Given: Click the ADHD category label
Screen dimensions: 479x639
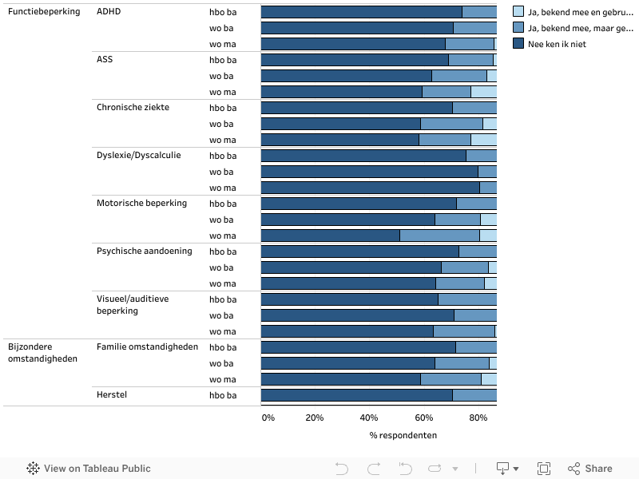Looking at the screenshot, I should [x=109, y=11].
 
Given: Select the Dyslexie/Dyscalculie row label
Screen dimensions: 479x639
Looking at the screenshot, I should [x=139, y=155].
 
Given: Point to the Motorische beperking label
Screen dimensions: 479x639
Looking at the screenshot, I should [x=141, y=203].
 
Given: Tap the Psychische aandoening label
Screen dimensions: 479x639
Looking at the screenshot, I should [x=144, y=251].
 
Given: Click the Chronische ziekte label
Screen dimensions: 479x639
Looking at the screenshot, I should [x=133, y=107].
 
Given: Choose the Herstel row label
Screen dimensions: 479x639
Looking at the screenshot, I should [x=112, y=394].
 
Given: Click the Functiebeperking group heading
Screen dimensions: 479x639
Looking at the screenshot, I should [x=44, y=11].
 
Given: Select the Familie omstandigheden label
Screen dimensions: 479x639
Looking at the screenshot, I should [x=147, y=346].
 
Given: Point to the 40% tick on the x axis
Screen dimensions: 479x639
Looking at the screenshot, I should [x=369, y=418].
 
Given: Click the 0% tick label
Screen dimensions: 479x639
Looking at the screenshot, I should [x=268, y=418].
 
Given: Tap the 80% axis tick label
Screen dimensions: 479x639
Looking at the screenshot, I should [x=478, y=418].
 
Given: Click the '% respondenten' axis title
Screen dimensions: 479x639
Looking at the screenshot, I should [x=403, y=435].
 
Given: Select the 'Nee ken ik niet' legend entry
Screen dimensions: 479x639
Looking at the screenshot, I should [x=557, y=44].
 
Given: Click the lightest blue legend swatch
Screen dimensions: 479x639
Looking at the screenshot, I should [x=518, y=12].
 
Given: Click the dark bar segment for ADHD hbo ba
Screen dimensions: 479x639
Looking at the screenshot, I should [x=361, y=12].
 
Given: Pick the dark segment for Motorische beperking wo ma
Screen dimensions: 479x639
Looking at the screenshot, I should [x=330, y=236].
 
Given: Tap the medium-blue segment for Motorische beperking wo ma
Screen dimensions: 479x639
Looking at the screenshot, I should [x=439, y=236].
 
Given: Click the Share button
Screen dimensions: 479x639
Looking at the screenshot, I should [x=590, y=469].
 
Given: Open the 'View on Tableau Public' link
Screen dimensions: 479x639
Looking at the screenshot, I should [x=89, y=469].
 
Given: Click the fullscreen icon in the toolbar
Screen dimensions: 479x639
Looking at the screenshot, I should [x=544, y=469].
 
